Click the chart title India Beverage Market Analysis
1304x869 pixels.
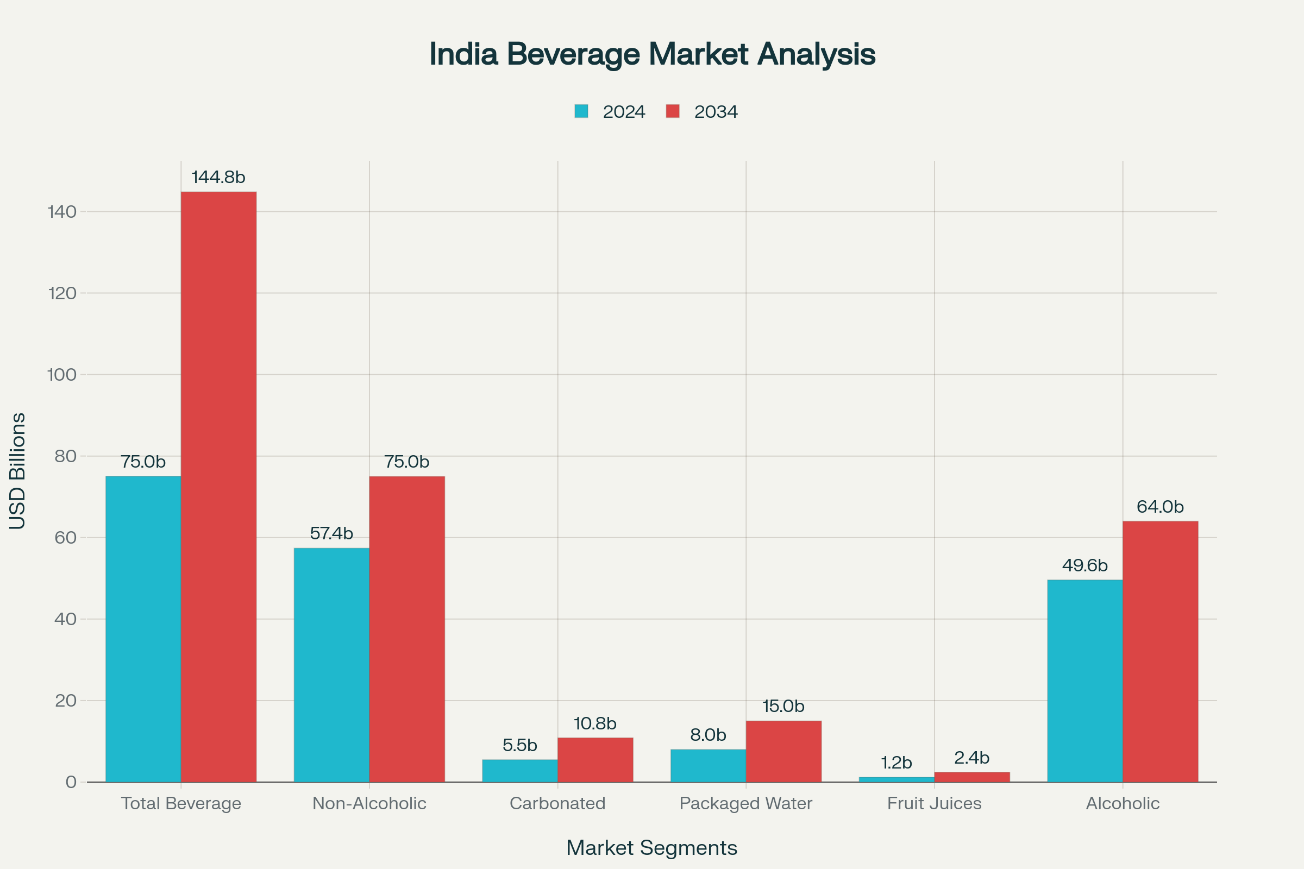pyautogui.click(x=652, y=54)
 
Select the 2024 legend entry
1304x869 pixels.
pyautogui.click(x=610, y=112)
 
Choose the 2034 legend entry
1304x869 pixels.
pyautogui.click(x=702, y=112)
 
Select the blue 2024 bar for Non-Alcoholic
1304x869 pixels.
pyautogui.click(x=331, y=664)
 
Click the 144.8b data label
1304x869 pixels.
pyautogui.click(x=218, y=178)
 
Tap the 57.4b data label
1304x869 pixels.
pyautogui.click(x=331, y=534)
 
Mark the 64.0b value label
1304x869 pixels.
pyautogui.click(x=1160, y=507)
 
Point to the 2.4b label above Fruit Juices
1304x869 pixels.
pyautogui.click(x=971, y=758)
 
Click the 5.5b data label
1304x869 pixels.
pyautogui.click(x=519, y=745)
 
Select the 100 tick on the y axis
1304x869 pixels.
pyautogui.click(x=62, y=375)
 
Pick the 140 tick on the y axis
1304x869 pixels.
pyautogui.click(x=62, y=212)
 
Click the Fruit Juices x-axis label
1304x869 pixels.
pyautogui.click(x=934, y=804)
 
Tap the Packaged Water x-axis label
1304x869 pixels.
pyautogui.click(x=745, y=804)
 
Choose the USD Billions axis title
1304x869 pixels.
pyautogui.click(x=18, y=471)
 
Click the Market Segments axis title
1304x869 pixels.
pyautogui.click(x=652, y=848)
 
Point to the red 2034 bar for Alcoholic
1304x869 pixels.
pyautogui.click(x=1160, y=651)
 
